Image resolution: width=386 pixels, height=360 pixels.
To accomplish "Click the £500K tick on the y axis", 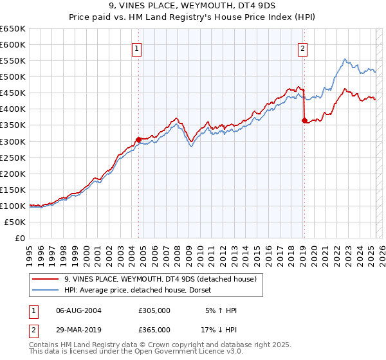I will pyautogui.click(x=15, y=77).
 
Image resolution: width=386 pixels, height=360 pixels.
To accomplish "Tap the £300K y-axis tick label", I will pyautogui.click(x=15, y=141).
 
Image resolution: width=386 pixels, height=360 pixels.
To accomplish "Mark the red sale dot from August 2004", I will pyautogui.click(x=138, y=139).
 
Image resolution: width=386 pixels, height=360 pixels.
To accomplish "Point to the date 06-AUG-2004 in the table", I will pyautogui.click(x=78, y=310).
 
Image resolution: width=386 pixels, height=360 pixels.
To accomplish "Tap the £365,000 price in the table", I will pyautogui.click(x=154, y=329).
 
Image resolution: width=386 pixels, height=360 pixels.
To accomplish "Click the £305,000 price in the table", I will pyautogui.click(x=154, y=310).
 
